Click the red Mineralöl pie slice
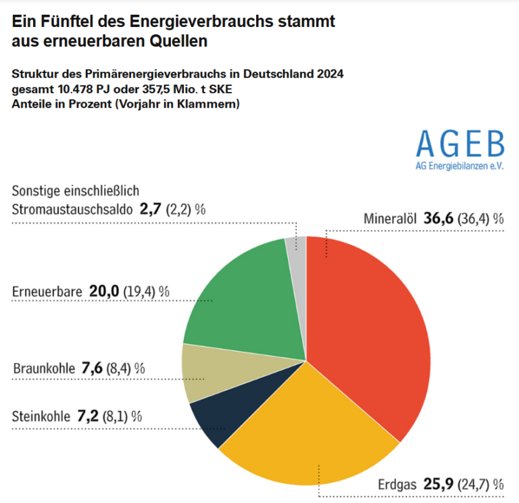[368, 325]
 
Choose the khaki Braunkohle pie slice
[206, 372]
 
